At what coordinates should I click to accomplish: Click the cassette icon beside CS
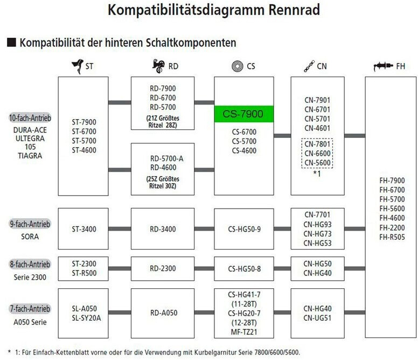click(x=236, y=66)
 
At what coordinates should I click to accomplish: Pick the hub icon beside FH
click(x=383, y=66)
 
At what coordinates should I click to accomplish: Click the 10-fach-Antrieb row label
click(x=30, y=117)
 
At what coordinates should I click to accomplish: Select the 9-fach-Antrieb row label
click(x=30, y=224)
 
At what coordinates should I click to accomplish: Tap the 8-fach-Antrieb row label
click(x=30, y=264)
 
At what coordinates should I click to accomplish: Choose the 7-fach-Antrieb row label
click(x=30, y=309)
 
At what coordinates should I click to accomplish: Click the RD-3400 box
click(x=162, y=229)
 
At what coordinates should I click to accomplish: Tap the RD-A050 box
click(x=162, y=313)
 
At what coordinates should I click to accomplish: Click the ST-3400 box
click(x=82, y=229)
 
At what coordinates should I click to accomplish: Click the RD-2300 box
click(x=162, y=268)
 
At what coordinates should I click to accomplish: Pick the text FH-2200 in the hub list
click(x=391, y=227)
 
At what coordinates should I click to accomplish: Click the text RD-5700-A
click(x=166, y=158)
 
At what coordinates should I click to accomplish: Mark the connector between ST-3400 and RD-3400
click(x=120, y=229)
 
